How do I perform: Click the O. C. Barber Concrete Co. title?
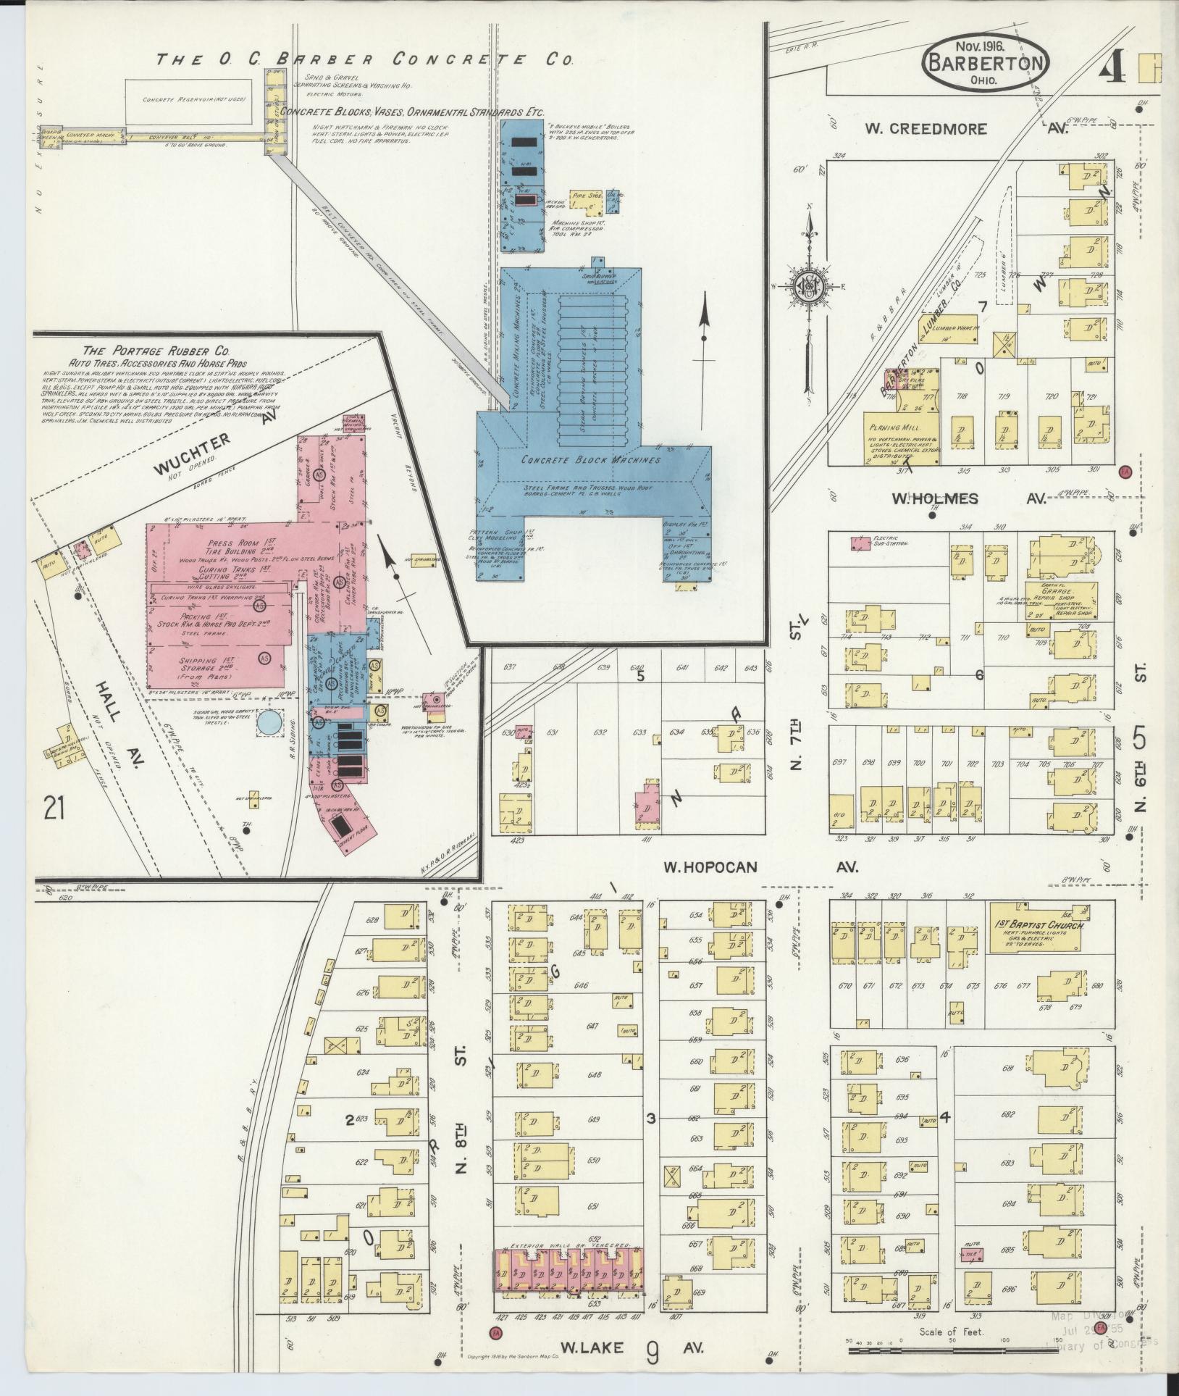(365, 59)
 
